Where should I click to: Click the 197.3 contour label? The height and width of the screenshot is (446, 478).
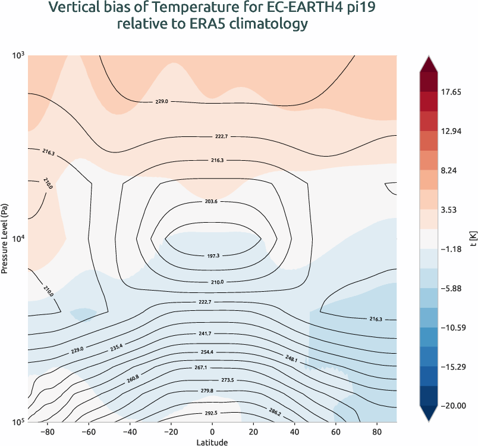[212, 255]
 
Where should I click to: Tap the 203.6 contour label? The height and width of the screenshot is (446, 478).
[212, 202]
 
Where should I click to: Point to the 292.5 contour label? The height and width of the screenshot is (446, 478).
[212, 413]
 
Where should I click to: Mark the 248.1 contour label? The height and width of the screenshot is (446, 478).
[291, 358]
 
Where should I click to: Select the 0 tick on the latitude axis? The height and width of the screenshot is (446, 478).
[212, 431]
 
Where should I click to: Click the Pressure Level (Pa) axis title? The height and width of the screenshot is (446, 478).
[5, 238]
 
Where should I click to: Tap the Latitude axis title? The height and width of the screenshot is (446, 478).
[212, 442]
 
